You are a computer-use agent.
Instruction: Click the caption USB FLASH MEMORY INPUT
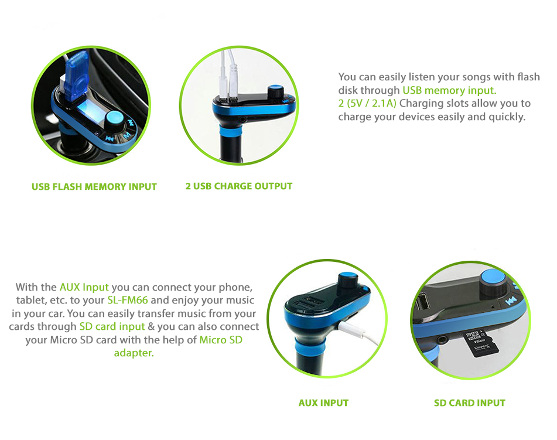point(94,186)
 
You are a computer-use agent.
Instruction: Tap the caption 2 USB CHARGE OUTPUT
point(239,186)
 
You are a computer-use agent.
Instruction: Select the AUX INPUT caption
point(324,403)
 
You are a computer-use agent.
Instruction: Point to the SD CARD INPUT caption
point(470,403)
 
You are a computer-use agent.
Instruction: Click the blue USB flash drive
point(76,73)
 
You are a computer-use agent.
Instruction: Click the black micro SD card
point(481,342)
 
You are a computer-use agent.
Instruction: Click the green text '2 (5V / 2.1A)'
point(367,104)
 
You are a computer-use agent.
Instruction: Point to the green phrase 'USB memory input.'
point(449,90)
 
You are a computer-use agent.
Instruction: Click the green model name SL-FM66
point(128,300)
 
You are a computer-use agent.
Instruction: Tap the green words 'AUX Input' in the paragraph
point(84,287)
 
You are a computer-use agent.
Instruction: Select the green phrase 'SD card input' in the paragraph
point(112,326)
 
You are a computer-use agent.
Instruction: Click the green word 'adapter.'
point(134,353)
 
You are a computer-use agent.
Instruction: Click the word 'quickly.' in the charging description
point(507,117)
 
